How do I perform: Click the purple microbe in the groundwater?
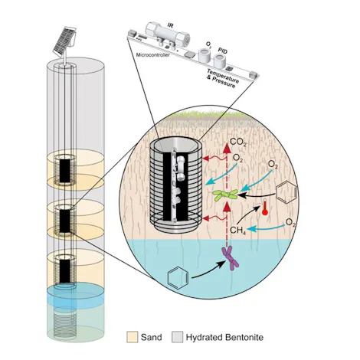click(228, 260)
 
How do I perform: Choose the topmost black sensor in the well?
click(67, 170)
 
